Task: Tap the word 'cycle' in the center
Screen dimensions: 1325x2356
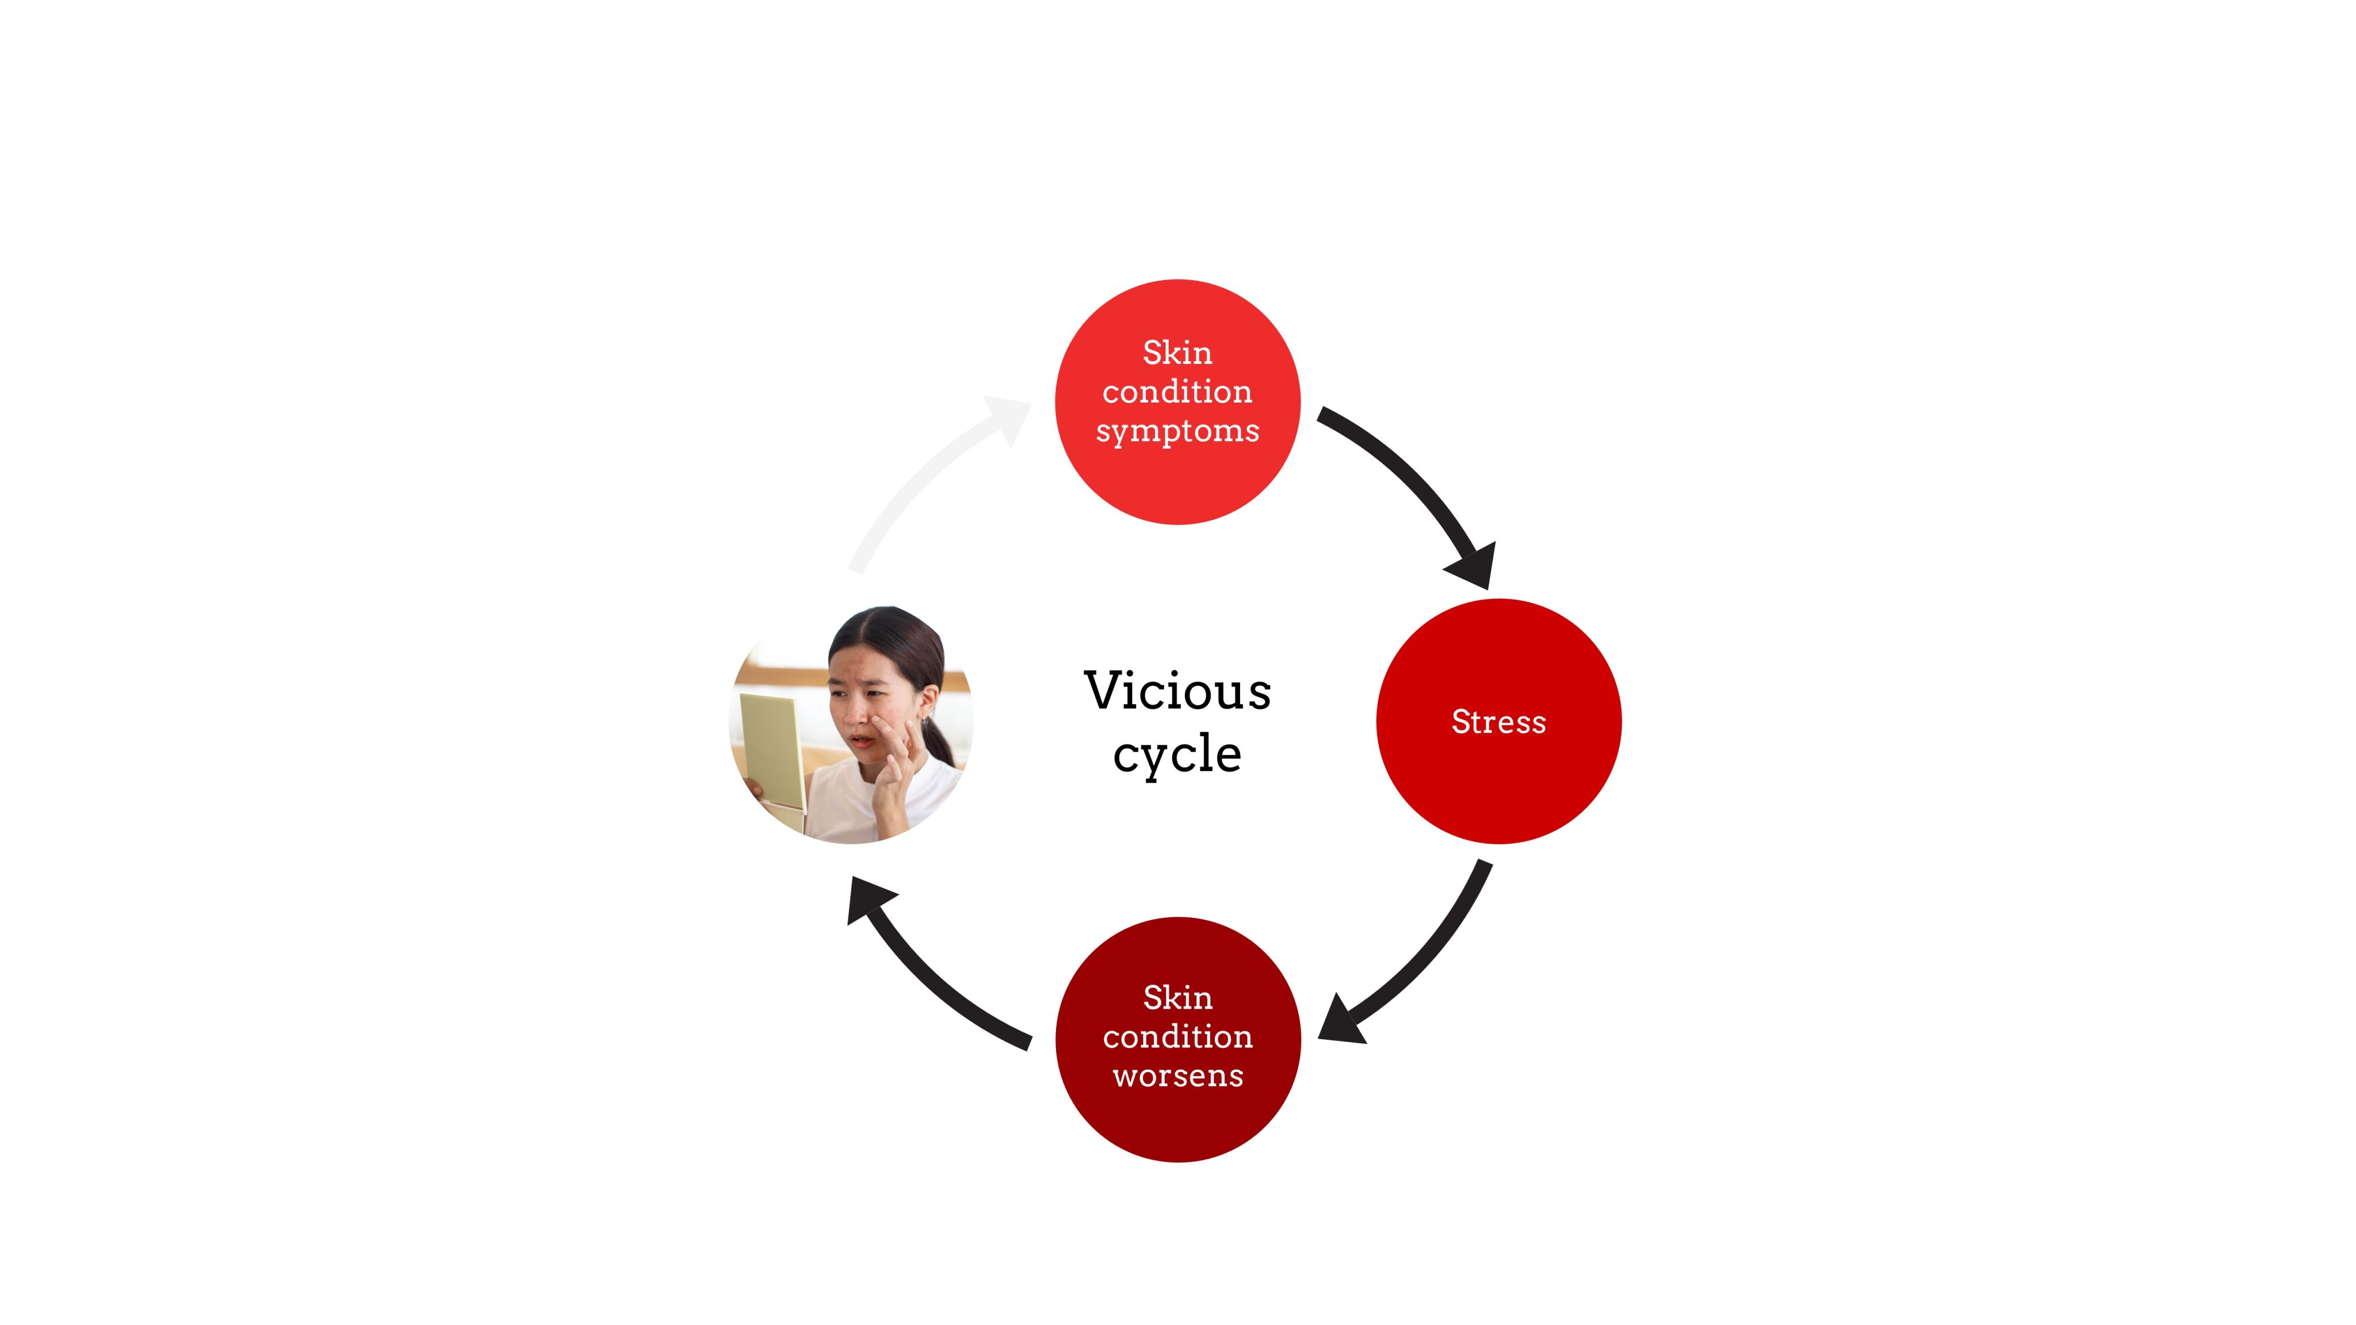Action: coord(1177,755)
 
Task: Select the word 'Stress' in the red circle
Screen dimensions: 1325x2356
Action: coord(1498,722)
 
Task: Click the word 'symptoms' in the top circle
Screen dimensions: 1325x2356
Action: coord(1177,431)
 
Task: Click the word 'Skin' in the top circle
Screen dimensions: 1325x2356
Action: coord(1177,352)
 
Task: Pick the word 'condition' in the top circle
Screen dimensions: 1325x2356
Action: coord(1177,392)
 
